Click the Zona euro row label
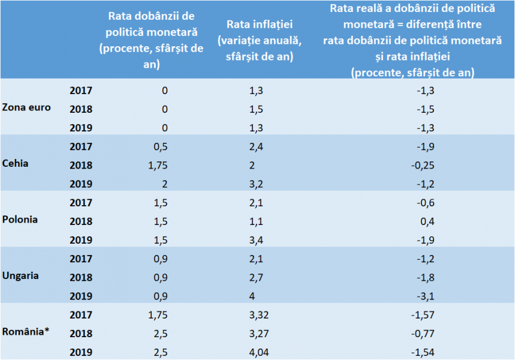pyautogui.click(x=26, y=107)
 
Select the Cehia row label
pyautogui.click(x=16, y=163)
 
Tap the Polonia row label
pyautogui.click(x=20, y=219)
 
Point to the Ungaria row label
pyautogui.click(x=21, y=275)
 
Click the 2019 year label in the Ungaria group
pyautogui.click(x=81, y=295)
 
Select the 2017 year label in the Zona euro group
pyautogui.click(x=81, y=91)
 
